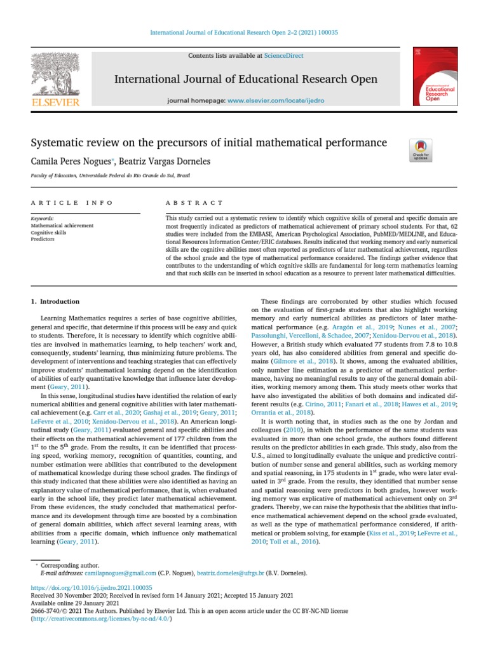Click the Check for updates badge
point(421,151)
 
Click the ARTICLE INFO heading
point(72,203)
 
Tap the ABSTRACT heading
point(185,203)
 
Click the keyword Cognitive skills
point(48,233)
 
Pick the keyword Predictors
point(42,240)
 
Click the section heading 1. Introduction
point(55,301)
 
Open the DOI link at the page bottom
point(91,588)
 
